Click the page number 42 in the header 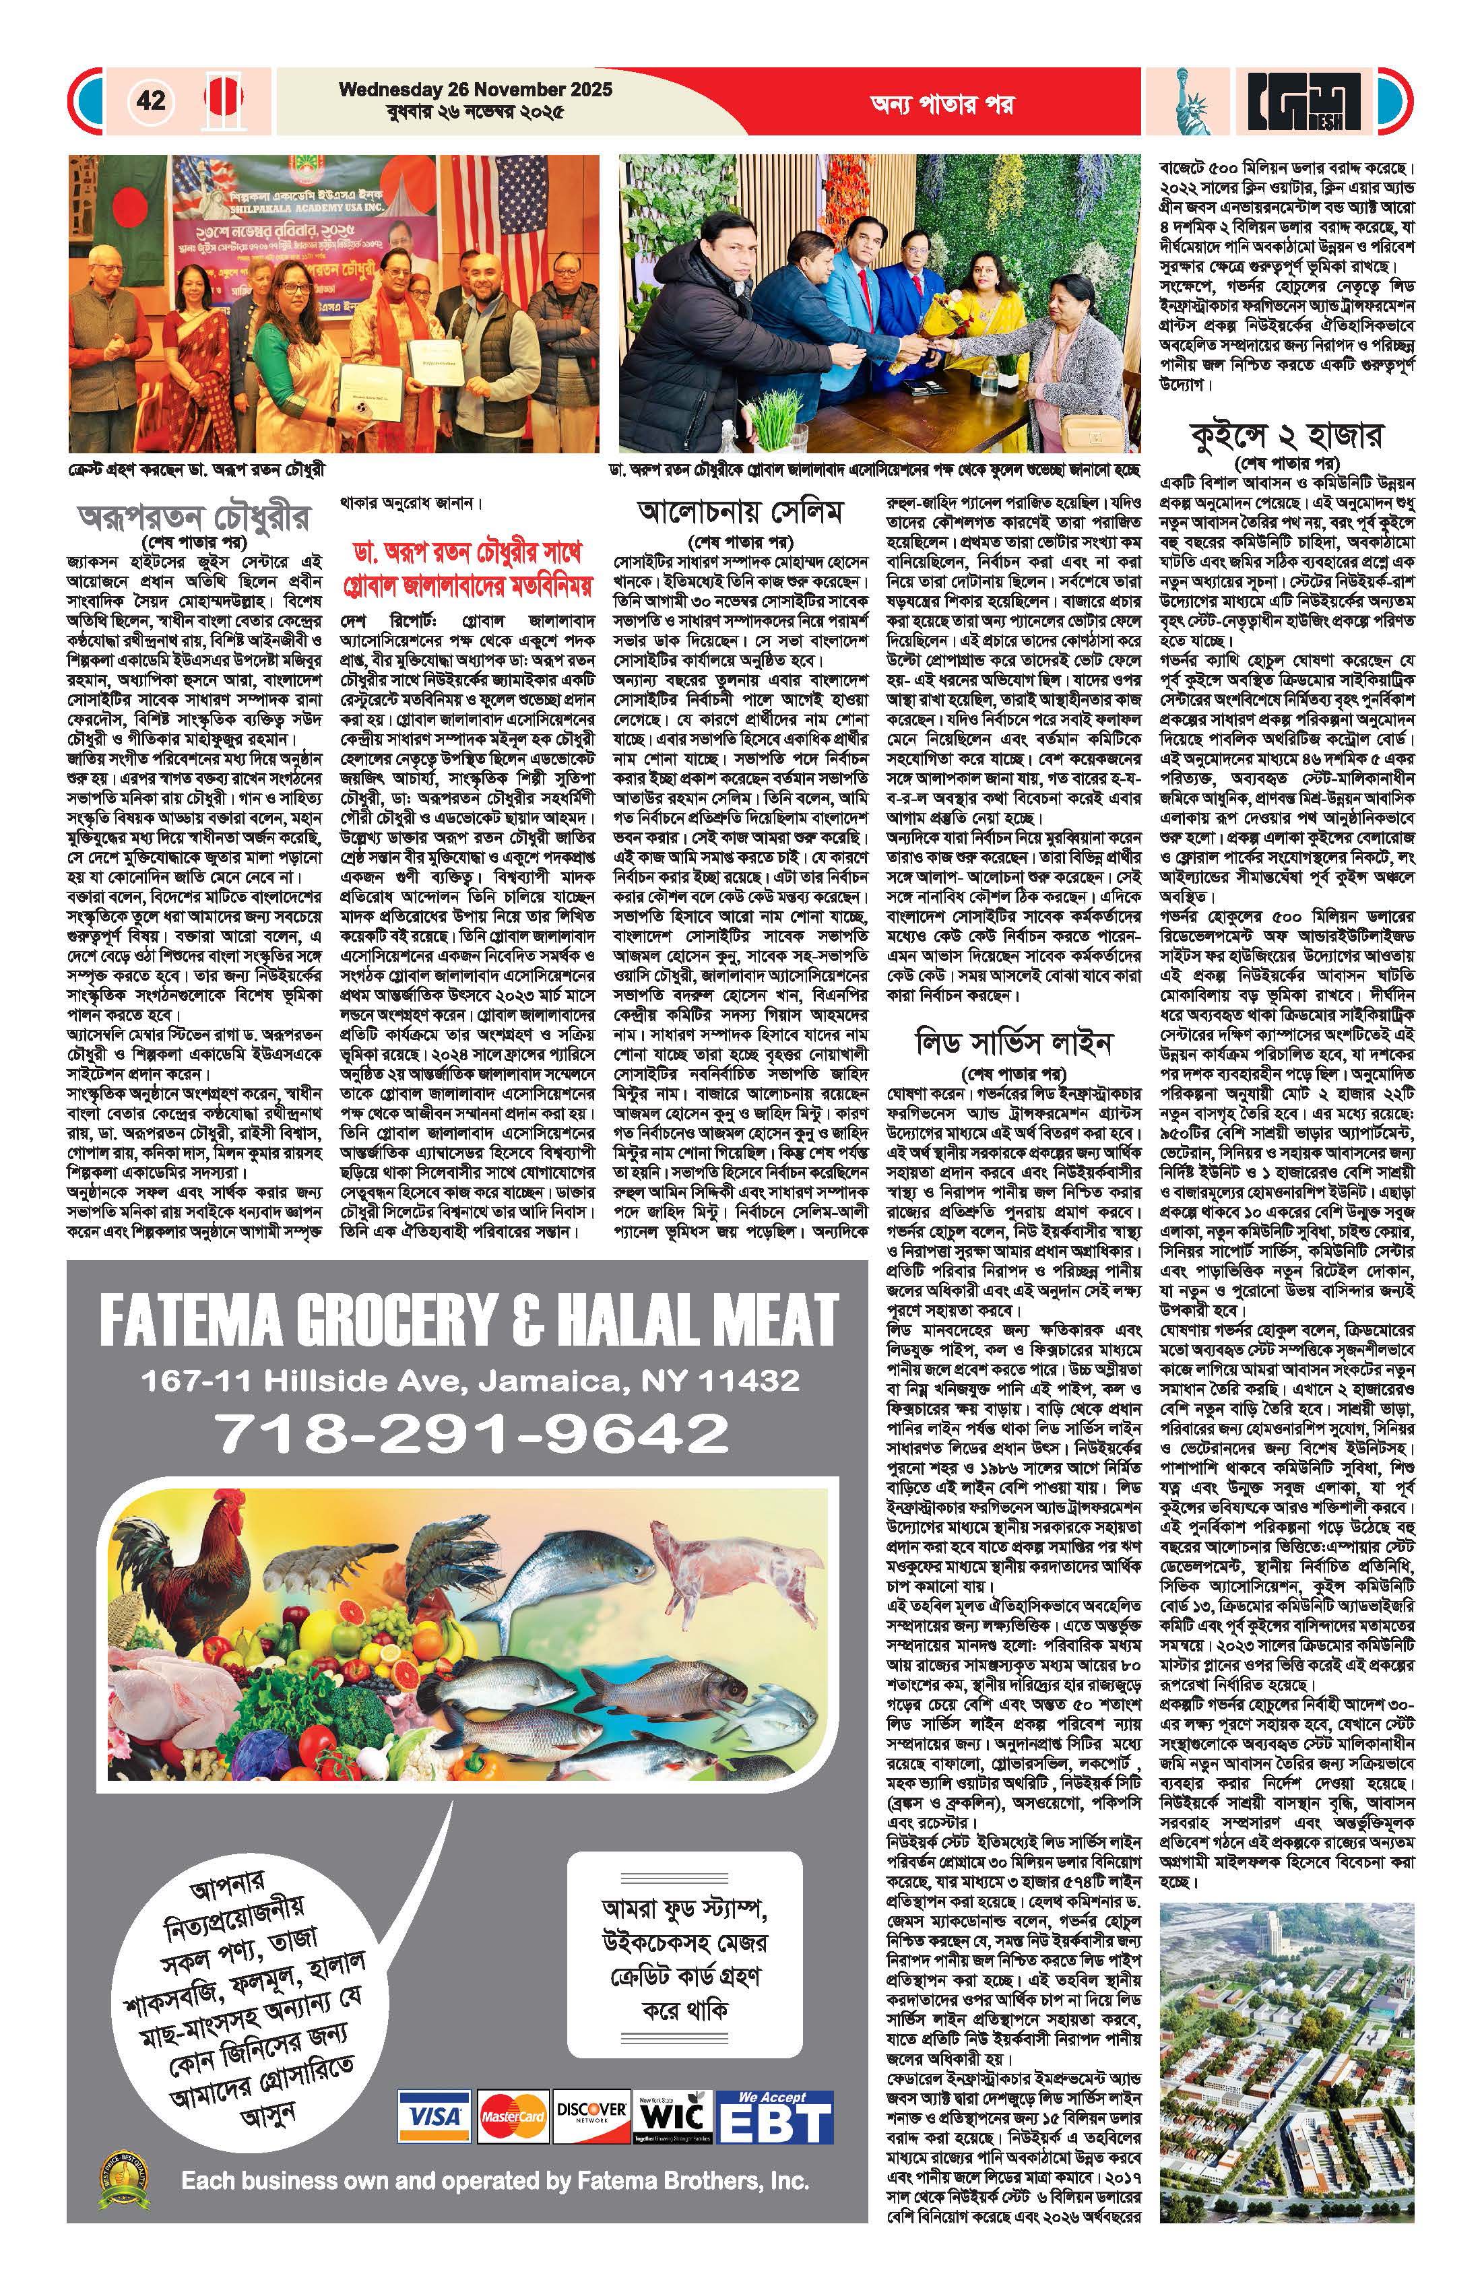151,100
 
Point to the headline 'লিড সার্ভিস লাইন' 1013,1042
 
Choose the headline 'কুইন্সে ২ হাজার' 1287,436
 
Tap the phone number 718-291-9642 471,1433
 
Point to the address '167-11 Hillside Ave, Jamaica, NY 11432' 471,1381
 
